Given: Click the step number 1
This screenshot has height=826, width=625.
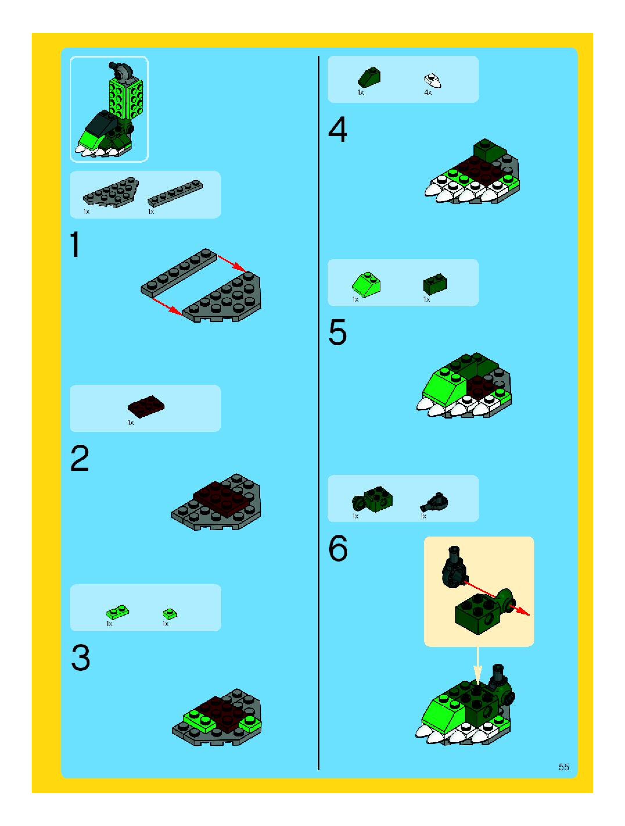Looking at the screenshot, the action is [x=76, y=245].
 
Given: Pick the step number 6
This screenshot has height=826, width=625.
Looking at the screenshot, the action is [x=338, y=548].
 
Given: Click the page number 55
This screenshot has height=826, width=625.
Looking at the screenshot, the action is [x=564, y=767].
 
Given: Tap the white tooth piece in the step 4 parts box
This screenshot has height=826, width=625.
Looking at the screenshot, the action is [x=432, y=81].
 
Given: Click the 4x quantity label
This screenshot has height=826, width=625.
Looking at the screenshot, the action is [x=428, y=92].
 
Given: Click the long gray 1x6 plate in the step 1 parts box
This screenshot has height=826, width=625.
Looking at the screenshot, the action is [x=175, y=193].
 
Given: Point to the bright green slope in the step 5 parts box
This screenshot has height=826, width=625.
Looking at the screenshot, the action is [x=367, y=285].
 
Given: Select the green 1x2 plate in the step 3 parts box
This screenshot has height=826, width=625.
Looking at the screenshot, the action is [x=118, y=612].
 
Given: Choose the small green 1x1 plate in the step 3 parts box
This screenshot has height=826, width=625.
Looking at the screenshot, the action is [x=170, y=614].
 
